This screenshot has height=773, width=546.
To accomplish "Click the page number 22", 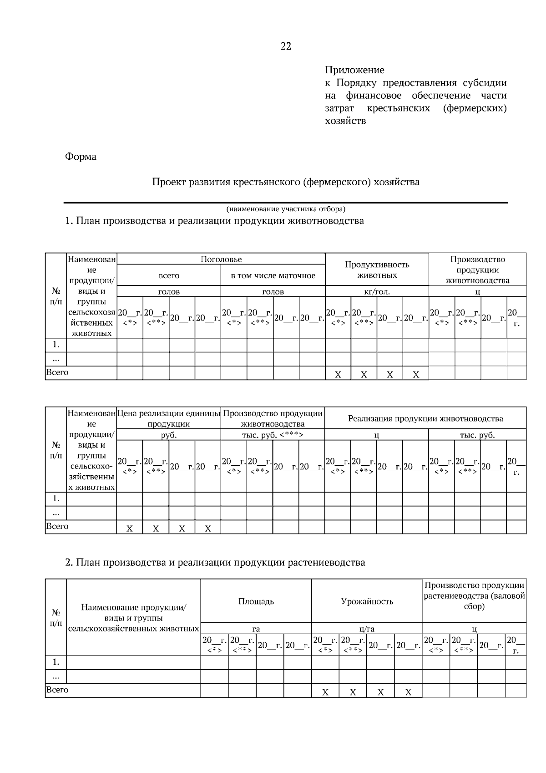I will point(286,46).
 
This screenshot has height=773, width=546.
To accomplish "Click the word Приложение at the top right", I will point(354,70).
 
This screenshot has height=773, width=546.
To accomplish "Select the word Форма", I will point(81,157).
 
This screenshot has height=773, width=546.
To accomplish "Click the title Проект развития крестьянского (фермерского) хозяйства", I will point(285,182).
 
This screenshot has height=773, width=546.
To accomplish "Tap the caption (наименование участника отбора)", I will point(286,209).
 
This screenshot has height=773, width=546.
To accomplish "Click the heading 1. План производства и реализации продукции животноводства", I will point(214,221).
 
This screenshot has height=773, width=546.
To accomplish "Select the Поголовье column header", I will point(221,259).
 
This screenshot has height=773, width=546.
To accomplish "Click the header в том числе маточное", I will point(273,275).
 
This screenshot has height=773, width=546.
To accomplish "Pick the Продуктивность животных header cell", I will point(377,270).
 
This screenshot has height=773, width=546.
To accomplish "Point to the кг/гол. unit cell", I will point(377,292).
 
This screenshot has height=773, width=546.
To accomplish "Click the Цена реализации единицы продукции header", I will point(169,418).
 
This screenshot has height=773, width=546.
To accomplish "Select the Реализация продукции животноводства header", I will point(425,418).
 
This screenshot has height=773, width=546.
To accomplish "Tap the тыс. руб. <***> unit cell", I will point(273,435).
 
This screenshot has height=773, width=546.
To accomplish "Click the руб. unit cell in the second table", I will point(169,435).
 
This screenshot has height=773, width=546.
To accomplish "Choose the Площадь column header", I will point(256,601).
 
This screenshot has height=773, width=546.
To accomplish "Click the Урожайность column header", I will point(367,601).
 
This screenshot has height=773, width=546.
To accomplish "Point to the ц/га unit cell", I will point(367,629).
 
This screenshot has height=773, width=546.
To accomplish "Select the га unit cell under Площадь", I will point(256,629).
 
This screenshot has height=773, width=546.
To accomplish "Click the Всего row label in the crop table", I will point(57,690).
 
